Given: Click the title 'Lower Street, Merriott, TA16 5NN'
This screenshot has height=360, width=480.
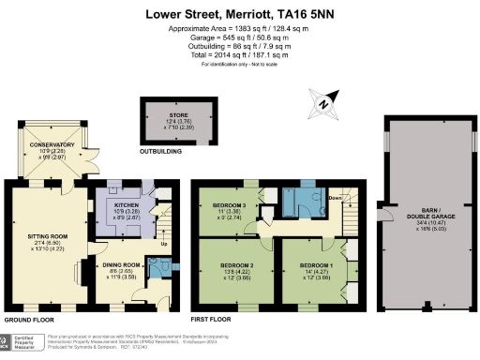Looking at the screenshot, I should coord(239,14).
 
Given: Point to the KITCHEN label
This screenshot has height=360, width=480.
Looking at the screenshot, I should coord(126,203).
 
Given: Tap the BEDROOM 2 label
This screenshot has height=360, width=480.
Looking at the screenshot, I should coord(231,266).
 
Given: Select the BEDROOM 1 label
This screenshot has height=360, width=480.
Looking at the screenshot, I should coord(311,266).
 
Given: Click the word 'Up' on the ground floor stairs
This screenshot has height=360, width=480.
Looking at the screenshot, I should coord(166,246).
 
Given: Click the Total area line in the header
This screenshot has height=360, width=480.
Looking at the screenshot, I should coord(239,55).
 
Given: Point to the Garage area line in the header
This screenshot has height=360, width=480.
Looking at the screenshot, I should coord(239,38).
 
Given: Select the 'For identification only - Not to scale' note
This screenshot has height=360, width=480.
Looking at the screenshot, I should coord(239,64).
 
